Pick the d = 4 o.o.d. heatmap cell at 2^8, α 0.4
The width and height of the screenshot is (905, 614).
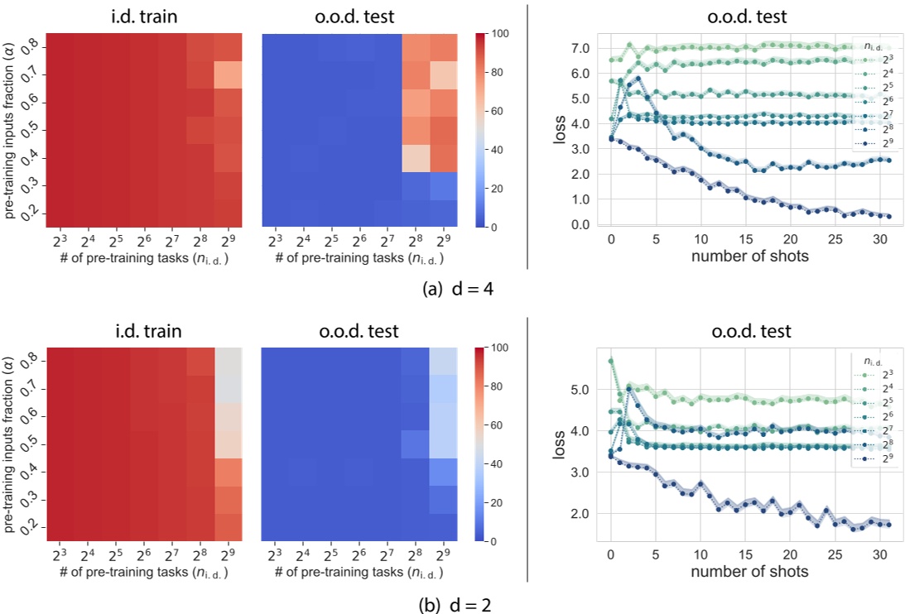tap(416, 157)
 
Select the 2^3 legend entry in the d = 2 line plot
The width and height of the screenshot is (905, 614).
tap(877, 374)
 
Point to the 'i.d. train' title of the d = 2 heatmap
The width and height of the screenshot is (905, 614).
tap(142, 331)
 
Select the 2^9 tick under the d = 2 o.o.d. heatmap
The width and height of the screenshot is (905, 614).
tap(443, 555)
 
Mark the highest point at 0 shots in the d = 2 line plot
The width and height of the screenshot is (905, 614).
tap(611, 361)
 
